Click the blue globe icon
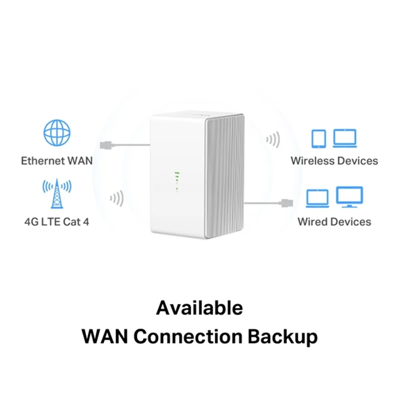pos(57,133)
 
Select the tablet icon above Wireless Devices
pos(319,138)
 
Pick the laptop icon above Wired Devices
pos(317,199)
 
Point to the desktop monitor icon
pos(349,197)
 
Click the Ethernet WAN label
pos(57,161)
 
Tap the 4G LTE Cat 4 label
pos(57,222)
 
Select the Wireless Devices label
pos(334,161)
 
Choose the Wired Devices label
pos(334,222)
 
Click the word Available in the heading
pos(199,308)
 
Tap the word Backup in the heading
pos(282,336)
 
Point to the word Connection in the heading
pos(188,336)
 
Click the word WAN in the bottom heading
pos(105,336)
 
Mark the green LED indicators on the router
pos(177,181)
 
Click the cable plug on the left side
pos(106,145)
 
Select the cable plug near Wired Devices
pos(287,202)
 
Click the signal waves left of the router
pos(117,199)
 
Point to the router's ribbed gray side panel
pos(225,176)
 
